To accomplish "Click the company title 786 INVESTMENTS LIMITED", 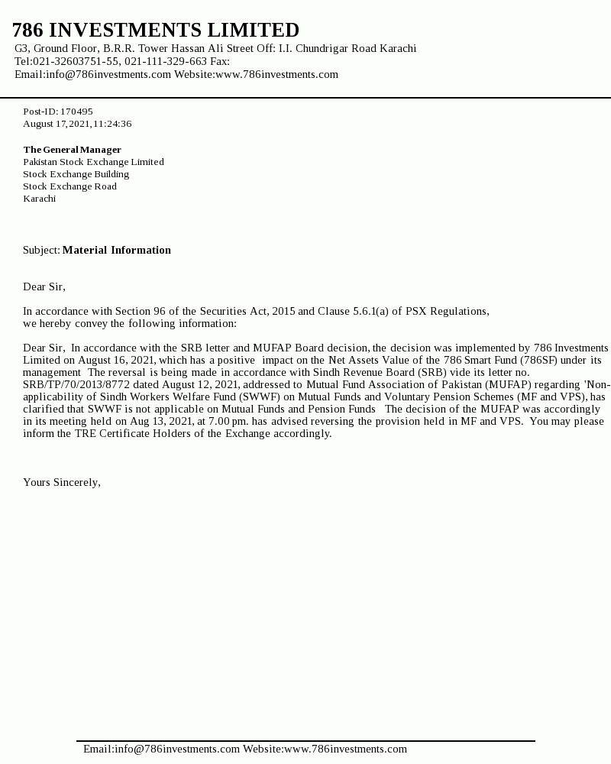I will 156,31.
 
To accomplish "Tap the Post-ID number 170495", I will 76,112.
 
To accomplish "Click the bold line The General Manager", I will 72,150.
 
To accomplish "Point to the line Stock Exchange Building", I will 76,174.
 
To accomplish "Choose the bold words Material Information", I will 117,251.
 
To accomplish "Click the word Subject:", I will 41,251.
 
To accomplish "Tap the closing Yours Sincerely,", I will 62,483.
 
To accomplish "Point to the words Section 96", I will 142,312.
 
